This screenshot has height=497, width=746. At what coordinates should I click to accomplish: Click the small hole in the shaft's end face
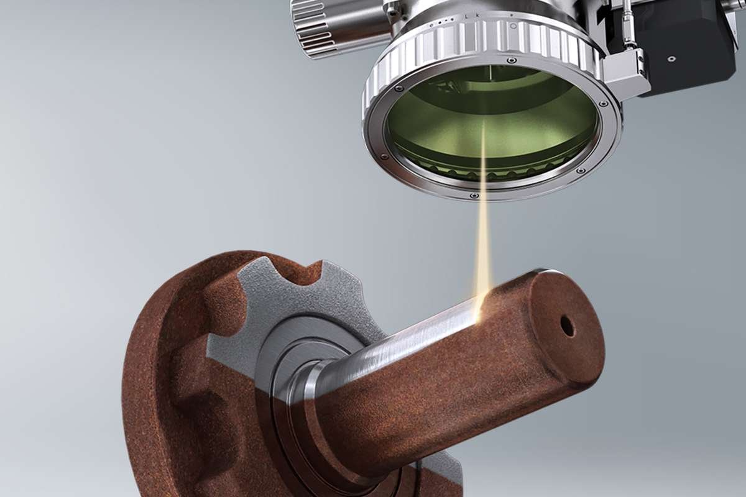click(567, 326)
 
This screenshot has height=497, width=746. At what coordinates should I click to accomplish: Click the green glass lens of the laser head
click(491, 124)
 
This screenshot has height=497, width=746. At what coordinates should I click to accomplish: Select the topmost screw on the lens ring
click(511, 61)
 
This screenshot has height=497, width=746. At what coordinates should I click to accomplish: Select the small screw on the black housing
click(671, 59)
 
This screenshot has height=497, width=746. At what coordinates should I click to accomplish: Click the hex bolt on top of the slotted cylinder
click(392, 8)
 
